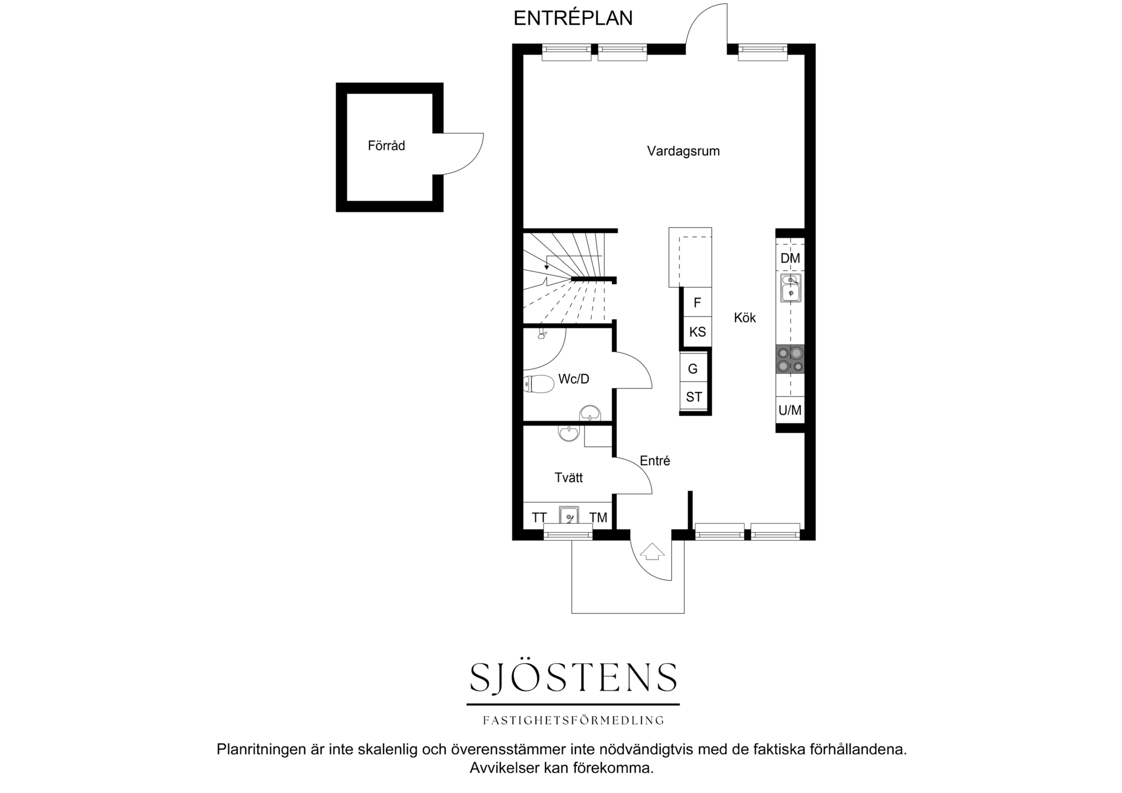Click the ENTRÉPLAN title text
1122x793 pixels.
(x=573, y=18)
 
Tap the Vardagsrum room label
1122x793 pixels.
(x=683, y=152)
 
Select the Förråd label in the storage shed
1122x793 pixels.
(x=386, y=146)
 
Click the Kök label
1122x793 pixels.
(x=745, y=318)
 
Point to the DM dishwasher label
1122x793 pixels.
(x=790, y=258)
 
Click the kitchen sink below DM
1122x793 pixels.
(x=791, y=288)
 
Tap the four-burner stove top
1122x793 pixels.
(x=790, y=359)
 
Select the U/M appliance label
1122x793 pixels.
(x=790, y=410)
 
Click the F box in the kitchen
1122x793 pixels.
(x=697, y=302)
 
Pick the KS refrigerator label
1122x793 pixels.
(x=697, y=332)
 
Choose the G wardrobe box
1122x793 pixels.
(x=693, y=368)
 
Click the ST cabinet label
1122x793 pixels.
(x=694, y=397)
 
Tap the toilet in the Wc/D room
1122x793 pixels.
(x=539, y=384)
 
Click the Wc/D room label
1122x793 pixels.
(x=574, y=379)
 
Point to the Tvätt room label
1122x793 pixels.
(x=568, y=478)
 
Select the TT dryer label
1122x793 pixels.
(x=539, y=518)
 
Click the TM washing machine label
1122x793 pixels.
(x=598, y=518)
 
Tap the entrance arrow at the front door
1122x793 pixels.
(x=652, y=552)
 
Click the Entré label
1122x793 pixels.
(x=655, y=461)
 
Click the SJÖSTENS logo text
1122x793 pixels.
(x=574, y=677)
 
